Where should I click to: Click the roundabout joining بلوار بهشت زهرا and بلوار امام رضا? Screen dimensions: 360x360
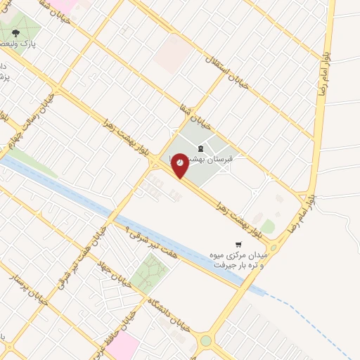click(x=274, y=247)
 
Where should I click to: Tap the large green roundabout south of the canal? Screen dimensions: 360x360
click(x=205, y=342)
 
